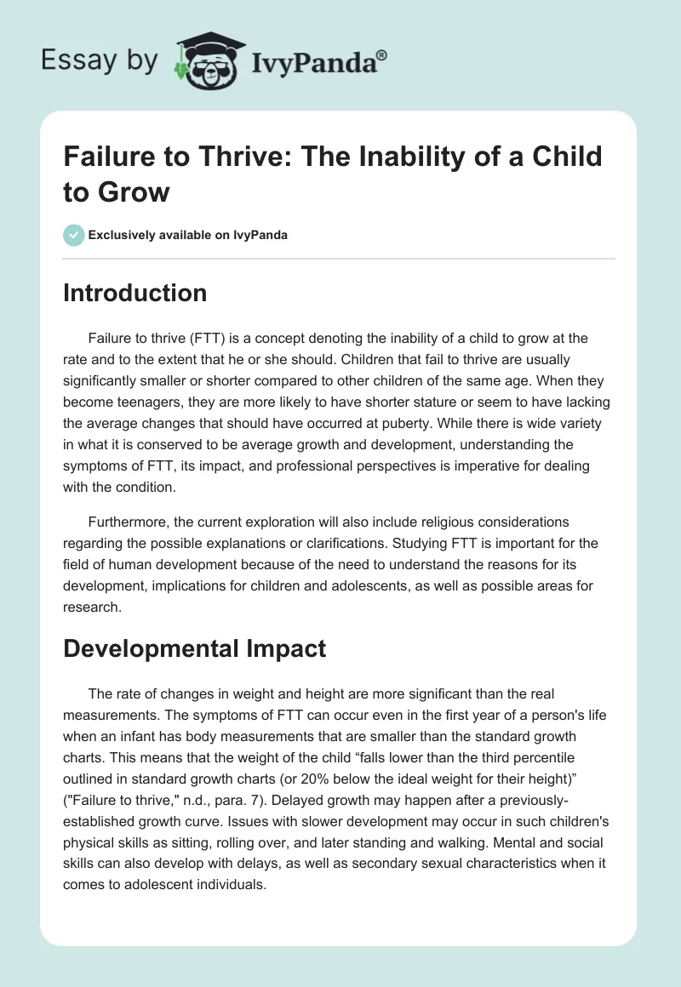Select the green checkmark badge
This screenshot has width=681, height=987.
click(x=74, y=235)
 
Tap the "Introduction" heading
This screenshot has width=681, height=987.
click(x=135, y=294)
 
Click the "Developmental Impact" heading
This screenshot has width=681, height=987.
click(x=194, y=648)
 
